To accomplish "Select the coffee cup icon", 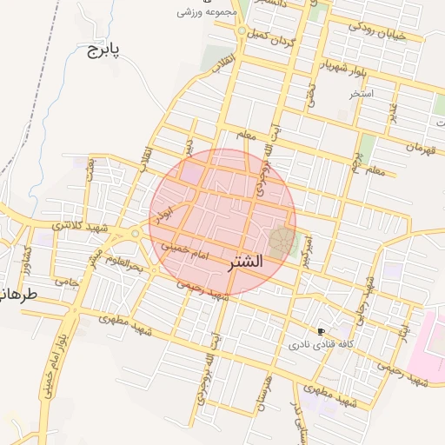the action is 321,332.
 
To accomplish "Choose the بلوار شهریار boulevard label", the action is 338,70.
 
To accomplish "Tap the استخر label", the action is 361,92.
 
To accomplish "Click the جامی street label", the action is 67,282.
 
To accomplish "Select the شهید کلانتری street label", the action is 80,225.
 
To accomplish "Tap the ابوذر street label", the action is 166,214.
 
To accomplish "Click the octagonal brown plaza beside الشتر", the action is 280,242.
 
